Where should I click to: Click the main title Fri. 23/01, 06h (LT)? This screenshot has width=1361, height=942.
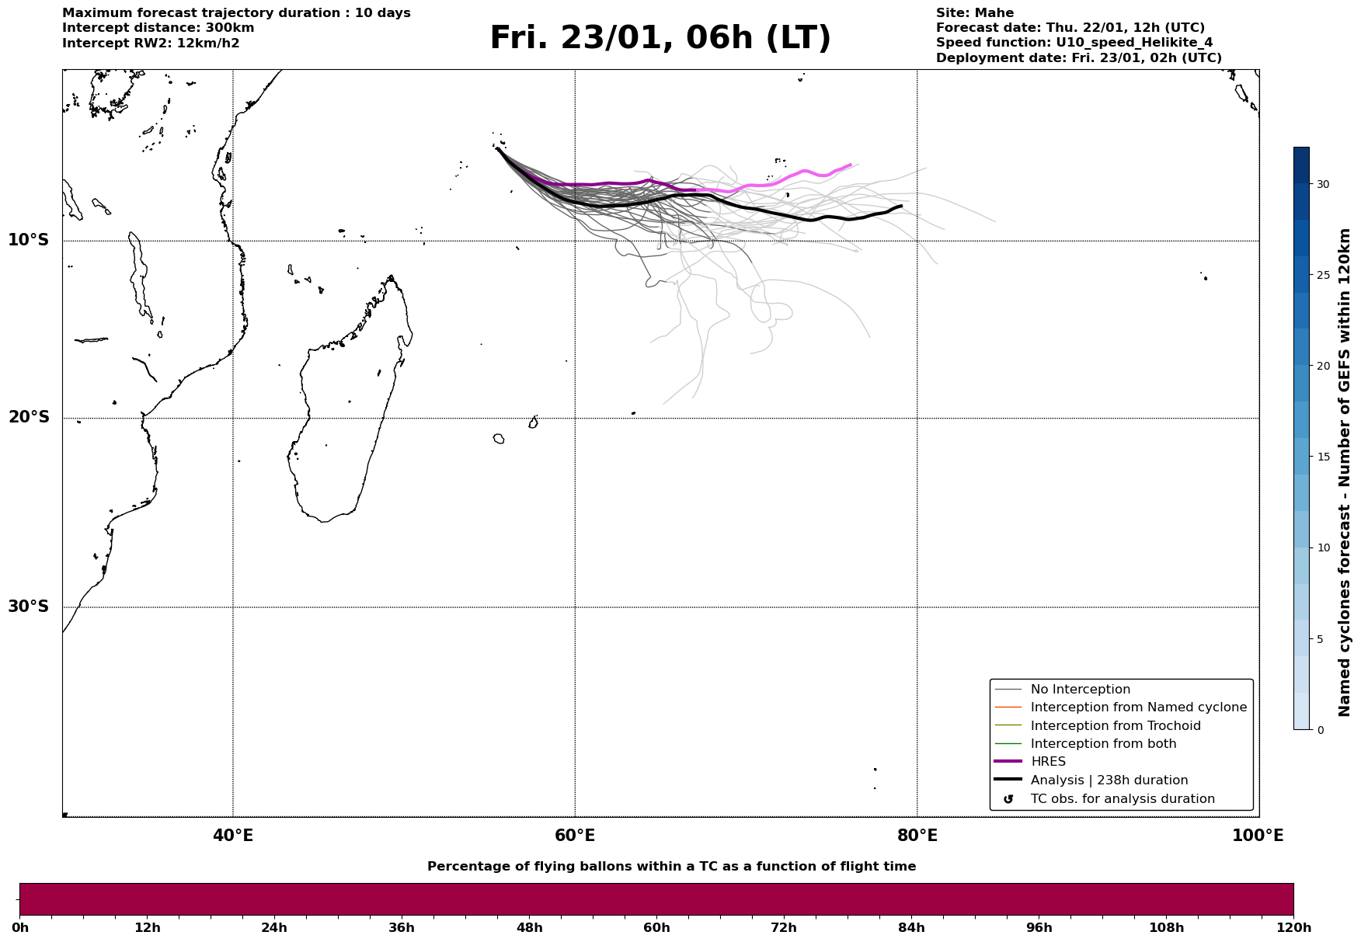[660, 38]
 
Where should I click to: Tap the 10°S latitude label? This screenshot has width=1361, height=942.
[29, 240]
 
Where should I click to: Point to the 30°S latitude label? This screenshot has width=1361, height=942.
[29, 607]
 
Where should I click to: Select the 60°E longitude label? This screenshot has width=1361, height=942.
[575, 836]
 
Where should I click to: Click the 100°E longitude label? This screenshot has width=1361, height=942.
[1258, 836]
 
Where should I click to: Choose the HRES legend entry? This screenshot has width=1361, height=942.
[1048, 762]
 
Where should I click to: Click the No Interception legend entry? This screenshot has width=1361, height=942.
[1080, 690]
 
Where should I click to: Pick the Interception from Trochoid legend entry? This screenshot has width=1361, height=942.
[1115, 726]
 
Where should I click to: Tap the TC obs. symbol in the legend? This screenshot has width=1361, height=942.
[1008, 799]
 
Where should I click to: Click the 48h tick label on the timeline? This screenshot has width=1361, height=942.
[529, 928]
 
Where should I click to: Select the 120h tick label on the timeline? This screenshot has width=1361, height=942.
[1293, 928]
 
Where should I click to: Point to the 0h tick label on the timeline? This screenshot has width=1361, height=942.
[20, 928]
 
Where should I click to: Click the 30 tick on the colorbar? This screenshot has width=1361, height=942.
[1322, 184]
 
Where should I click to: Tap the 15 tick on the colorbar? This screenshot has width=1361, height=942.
[1322, 457]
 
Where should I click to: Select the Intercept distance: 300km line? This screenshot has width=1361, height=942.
[158, 28]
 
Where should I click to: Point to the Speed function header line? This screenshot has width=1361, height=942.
[1074, 43]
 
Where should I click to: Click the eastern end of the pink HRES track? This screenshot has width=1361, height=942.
[851, 165]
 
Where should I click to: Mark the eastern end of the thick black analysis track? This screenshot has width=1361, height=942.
[901, 206]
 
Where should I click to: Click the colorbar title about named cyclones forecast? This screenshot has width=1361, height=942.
[1345, 471]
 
